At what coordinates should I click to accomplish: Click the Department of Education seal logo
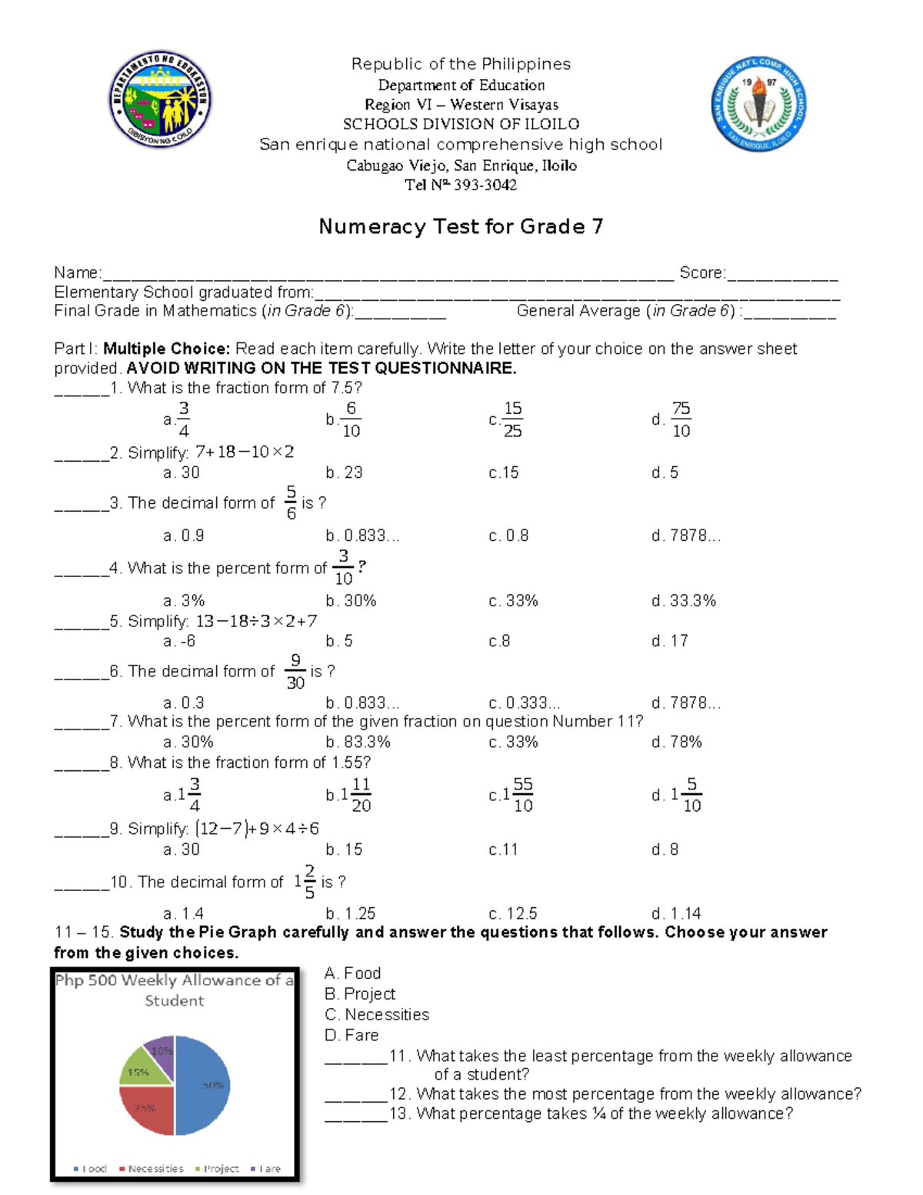click(160, 100)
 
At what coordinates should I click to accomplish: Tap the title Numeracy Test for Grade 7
click(461, 226)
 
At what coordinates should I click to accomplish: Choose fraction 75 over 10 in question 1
click(681, 419)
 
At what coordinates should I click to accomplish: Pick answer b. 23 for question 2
click(344, 472)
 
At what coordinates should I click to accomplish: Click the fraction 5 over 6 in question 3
click(291, 502)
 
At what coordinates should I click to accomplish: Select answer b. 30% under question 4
click(351, 600)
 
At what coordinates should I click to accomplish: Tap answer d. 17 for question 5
click(669, 641)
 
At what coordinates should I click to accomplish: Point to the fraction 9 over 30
click(295, 671)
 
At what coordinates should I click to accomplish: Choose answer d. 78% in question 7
click(676, 742)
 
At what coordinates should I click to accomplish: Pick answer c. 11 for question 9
click(503, 850)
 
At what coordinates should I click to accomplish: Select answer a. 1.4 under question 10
click(183, 913)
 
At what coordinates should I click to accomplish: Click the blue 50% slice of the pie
click(203, 1085)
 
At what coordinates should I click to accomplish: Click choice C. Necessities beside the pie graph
click(377, 1014)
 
